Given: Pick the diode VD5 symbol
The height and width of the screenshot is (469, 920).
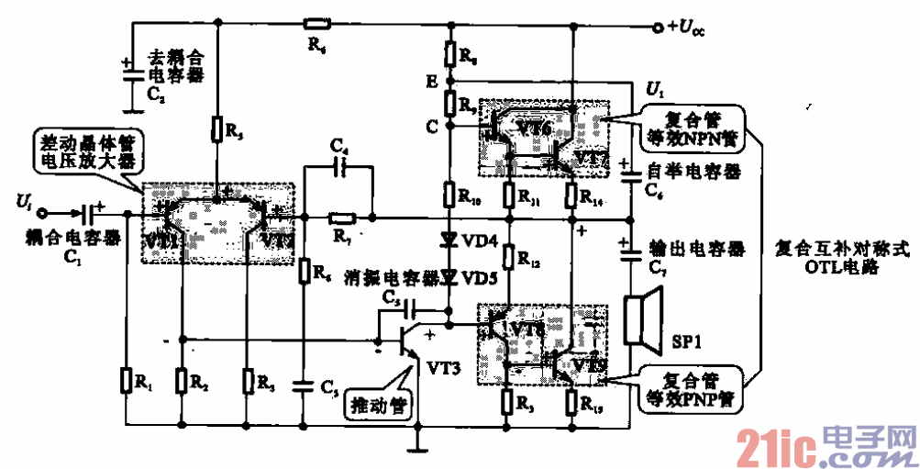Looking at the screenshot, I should [449, 275].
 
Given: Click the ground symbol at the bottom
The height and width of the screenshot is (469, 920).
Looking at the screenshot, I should [418, 449].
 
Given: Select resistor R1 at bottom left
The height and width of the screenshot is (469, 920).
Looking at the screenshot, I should [126, 379].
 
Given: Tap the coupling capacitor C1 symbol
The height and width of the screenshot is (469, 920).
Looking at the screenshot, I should [89, 216].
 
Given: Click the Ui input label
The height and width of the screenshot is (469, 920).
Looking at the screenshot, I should [25, 199].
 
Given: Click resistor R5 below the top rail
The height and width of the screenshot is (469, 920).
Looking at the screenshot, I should [217, 128].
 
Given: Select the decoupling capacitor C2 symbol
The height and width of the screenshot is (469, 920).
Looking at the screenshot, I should [127, 68].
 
